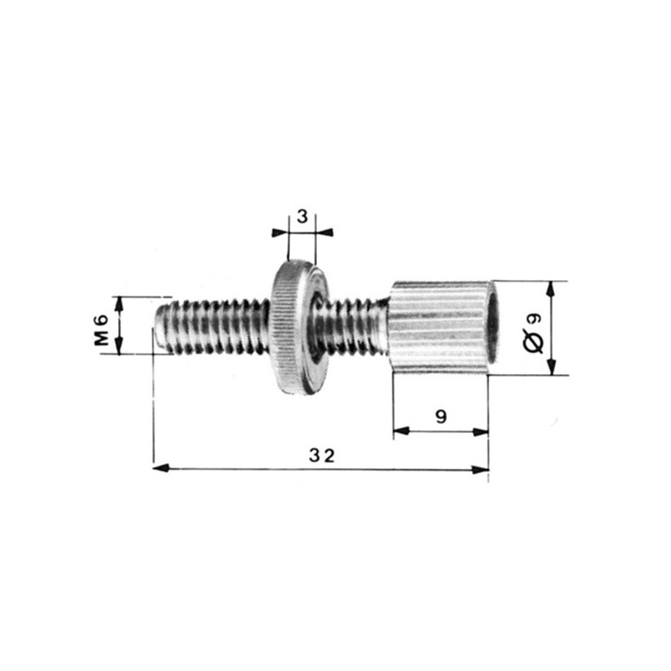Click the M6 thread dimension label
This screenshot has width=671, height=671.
tap(101, 325)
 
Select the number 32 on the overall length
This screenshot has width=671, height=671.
tap(320, 455)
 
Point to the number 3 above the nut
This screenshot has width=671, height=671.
tap(302, 216)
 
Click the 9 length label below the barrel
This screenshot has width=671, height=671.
tap(441, 417)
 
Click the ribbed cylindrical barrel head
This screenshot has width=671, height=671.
tap(436, 327)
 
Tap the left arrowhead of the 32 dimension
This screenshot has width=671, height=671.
tap(159, 469)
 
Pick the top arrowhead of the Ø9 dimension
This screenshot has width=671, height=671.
tap(551, 287)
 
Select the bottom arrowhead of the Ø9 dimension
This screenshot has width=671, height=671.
tap(551, 369)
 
